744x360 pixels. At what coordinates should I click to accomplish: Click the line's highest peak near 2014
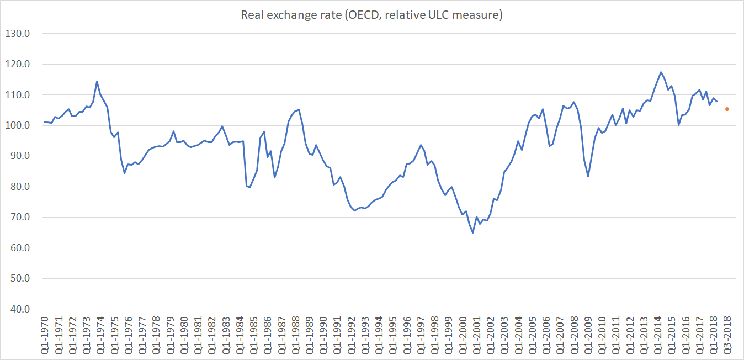(661, 72)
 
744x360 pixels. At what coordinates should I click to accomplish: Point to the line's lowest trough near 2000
(472, 232)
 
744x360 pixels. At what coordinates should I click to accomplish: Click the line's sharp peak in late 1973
(97, 82)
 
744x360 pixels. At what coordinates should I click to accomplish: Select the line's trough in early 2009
(588, 177)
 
